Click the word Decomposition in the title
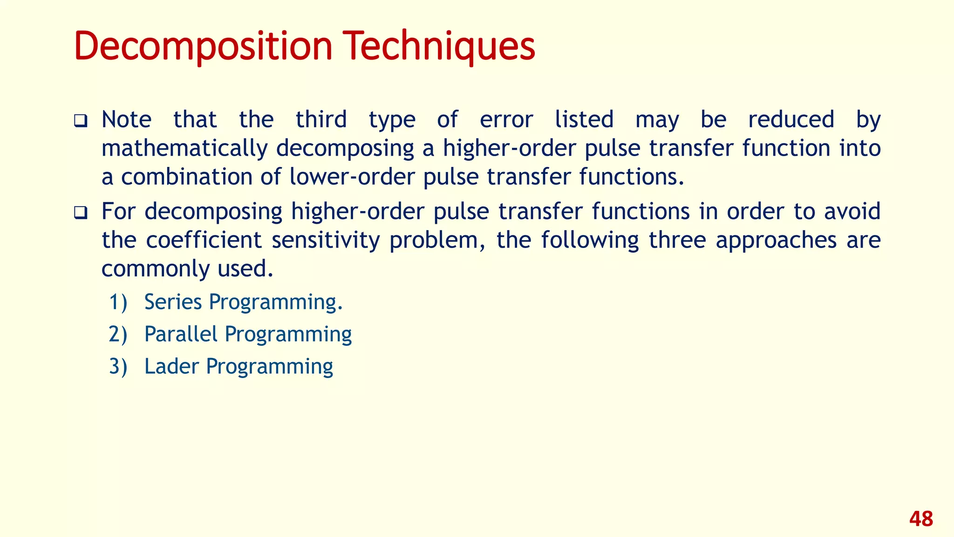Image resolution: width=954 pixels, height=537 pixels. click(x=203, y=47)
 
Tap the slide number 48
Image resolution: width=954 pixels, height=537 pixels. click(x=920, y=519)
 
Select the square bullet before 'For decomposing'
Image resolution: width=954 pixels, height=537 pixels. click(x=81, y=213)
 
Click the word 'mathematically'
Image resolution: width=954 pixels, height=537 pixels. click(x=184, y=149)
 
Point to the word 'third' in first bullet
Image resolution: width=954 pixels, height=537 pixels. click(x=321, y=119)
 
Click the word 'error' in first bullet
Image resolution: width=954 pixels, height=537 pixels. click(x=506, y=119)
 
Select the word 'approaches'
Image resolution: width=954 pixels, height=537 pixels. click(x=776, y=240)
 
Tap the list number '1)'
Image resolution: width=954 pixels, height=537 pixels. click(x=118, y=302)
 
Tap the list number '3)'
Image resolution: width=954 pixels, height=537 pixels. click(x=118, y=366)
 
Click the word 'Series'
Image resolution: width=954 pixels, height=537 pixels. click(x=173, y=302)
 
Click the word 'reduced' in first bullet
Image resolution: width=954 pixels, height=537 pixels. click(x=791, y=119)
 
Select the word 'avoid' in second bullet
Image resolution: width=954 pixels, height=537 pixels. click(x=852, y=211)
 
